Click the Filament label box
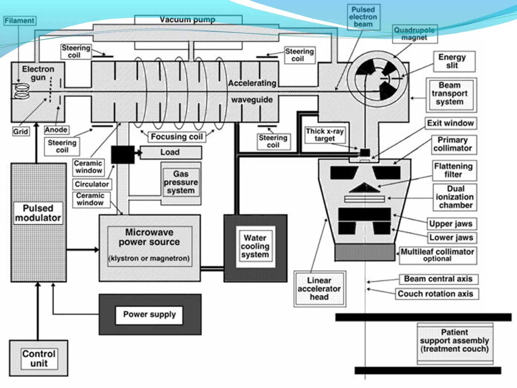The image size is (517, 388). [20, 21]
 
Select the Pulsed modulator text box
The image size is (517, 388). [38, 213]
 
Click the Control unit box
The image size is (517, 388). [39, 358]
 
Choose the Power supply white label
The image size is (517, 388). [149, 314]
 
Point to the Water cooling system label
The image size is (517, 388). [255, 246]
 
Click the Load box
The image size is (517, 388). [170, 152]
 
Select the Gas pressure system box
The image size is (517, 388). [181, 182]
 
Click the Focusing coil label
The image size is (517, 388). [177, 137]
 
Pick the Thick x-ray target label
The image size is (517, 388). [325, 135]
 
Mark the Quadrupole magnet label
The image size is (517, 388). [415, 34]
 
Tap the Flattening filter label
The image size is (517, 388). [453, 170]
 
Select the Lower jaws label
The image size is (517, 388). [451, 237]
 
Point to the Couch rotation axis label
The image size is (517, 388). [435, 294]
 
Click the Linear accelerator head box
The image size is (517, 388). [319, 289]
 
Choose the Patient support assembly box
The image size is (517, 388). [454, 341]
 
